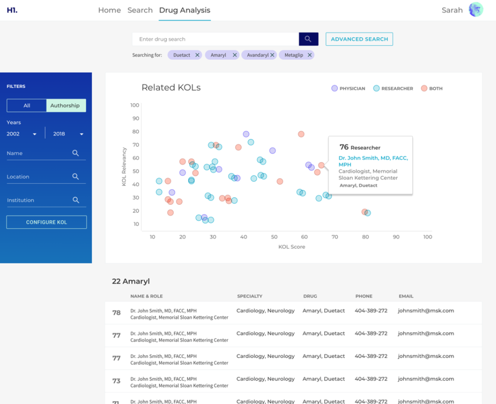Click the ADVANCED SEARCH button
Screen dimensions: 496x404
[x=360, y=39]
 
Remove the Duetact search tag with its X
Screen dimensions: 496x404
[x=197, y=55]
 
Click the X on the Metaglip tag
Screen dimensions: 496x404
[x=310, y=55]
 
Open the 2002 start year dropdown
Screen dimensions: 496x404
[x=22, y=134]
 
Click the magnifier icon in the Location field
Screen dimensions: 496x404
[x=76, y=177]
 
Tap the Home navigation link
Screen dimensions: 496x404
[x=110, y=10]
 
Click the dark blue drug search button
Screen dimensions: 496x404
[x=308, y=39]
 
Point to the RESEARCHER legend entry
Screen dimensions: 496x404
[x=393, y=88]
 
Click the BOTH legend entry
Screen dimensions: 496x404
[x=432, y=88]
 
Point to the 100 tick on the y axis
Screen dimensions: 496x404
[x=135, y=105]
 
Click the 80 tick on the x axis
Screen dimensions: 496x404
[x=365, y=237]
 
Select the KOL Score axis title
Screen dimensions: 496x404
[x=292, y=247]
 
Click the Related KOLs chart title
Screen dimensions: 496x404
[x=171, y=87]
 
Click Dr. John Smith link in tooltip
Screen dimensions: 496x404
[x=373, y=161]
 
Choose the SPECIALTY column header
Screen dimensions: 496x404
[x=249, y=296]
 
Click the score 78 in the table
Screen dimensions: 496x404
[x=116, y=313]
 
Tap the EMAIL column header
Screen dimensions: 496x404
[x=406, y=296]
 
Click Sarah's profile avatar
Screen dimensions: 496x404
[x=476, y=10]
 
